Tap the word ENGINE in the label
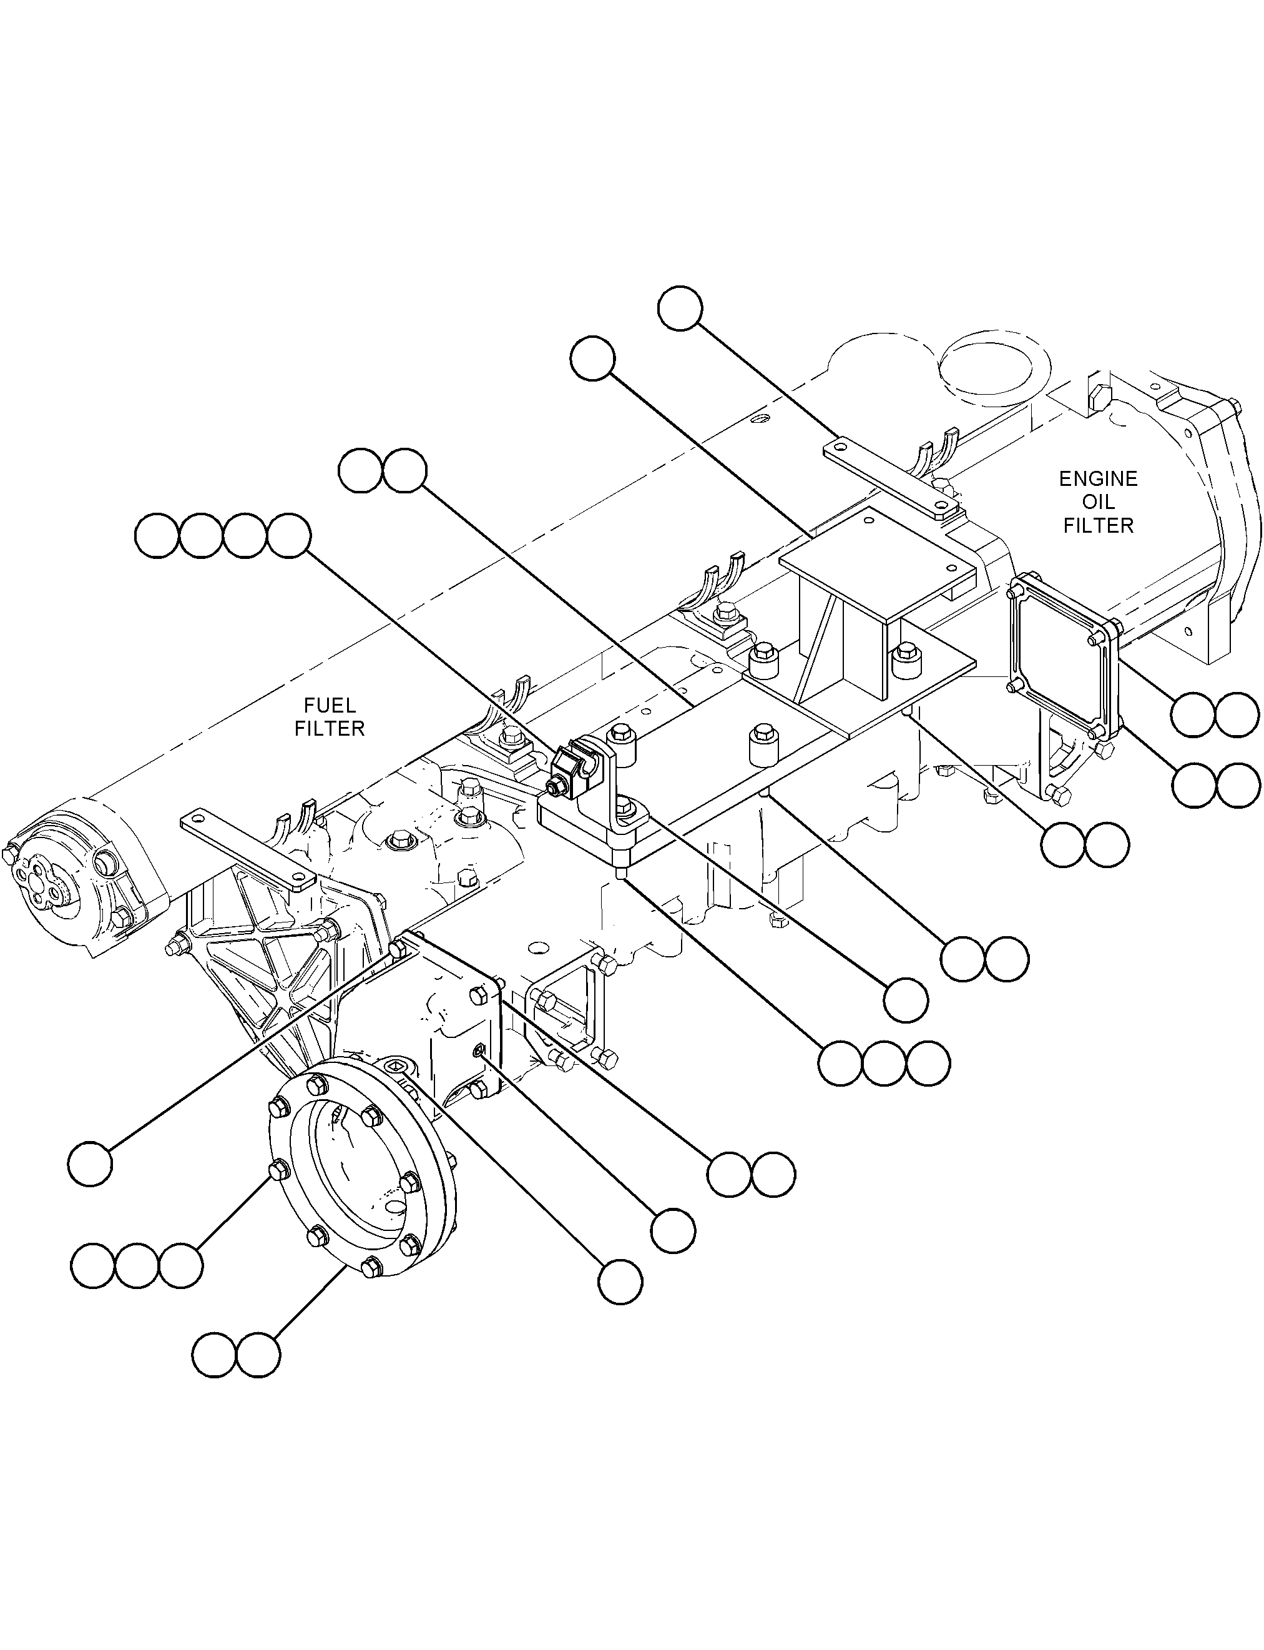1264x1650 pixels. (x=1099, y=479)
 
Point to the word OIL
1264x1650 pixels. (x=1099, y=502)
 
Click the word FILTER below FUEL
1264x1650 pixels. (x=330, y=729)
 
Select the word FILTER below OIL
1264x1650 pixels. (x=1099, y=525)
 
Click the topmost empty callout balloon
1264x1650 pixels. (x=680, y=308)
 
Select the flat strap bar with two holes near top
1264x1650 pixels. (x=891, y=479)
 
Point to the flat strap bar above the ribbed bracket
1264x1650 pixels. (x=248, y=850)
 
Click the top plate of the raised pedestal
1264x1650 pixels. (x=876, y=565)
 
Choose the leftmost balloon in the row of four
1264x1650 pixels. (x=157, y=536)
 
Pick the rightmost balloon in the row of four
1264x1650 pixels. (x=289, y=536)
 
